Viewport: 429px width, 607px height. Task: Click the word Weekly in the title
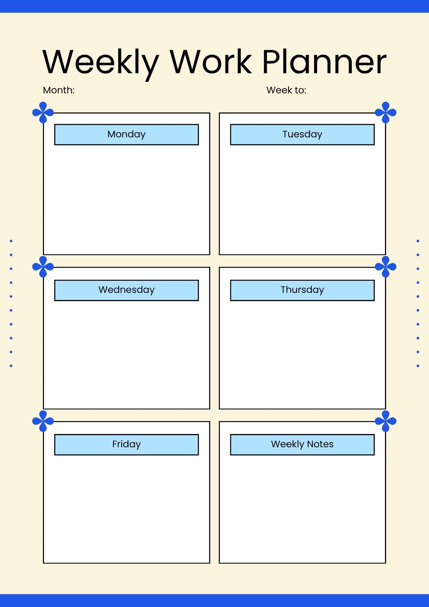coord(101,64)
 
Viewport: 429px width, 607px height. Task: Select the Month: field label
coord(58,90)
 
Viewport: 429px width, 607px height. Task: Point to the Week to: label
coord(286,90)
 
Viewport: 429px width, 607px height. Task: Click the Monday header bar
coord(127,135)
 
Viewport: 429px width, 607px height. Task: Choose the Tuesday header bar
coord(302,135)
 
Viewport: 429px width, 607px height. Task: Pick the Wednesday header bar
coord(127,290)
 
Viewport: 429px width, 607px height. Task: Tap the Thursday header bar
coord(302,290)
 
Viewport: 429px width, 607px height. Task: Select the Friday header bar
coord(127,445)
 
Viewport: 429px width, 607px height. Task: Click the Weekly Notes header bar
coord(302,445)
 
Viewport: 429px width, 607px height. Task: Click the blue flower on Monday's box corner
coord(43,112)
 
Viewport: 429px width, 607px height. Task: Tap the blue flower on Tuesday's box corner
coord(386,112)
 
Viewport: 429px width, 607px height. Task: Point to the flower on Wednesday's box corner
coord(43,267)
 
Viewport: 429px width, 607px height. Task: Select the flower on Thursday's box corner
coord(386,267)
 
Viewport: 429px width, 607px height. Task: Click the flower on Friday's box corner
coord(43,421)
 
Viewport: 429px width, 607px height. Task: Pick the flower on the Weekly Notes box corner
coord(386,421)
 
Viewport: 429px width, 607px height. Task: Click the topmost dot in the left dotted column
coord(11,241)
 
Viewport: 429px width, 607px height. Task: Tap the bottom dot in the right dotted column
coord(418,366)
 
